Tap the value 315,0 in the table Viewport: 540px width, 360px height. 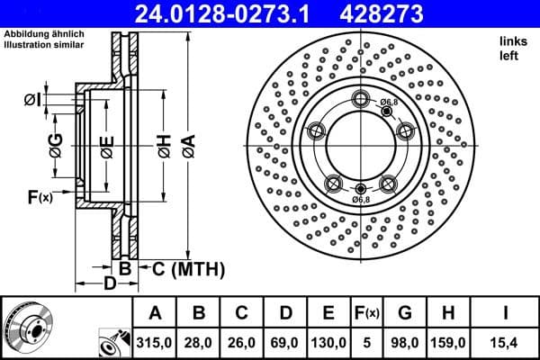click(155, 343)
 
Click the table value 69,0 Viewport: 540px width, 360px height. click(286, 343)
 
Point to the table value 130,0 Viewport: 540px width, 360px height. click(329, 343)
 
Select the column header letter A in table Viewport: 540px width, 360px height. click(155, 314)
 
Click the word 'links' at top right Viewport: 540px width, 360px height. click(511, 42)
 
